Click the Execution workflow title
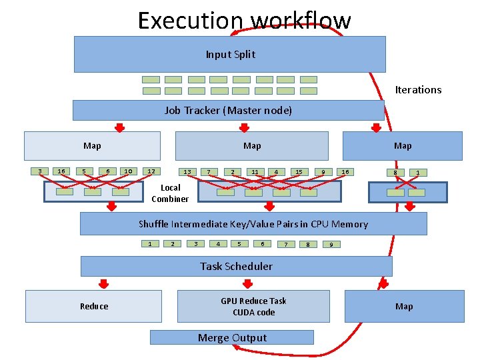[x=244, y=21]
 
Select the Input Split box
[x=229, y=54]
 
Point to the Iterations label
[x=418, y=90]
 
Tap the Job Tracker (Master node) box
[x=228, y=110]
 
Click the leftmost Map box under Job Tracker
[x=92, y=146]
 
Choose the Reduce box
[x=93, y=306]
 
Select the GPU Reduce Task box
[x=253, y=306]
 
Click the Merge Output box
[x=231, y=337]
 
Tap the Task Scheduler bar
[x=236, y=266]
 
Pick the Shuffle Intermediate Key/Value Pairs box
[x=253, y=224]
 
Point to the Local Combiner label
[x=170, y=193]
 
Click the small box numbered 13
[x=187, y=172]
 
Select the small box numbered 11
[x=254, y=172]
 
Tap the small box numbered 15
[x=299, y=172]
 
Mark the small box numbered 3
[x=39, y=171]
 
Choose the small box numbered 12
[x=151, y=171]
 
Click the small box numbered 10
[x=127, y=171]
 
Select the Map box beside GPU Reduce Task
[x=404, y=306]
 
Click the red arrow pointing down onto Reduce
[x=103, y=281]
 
